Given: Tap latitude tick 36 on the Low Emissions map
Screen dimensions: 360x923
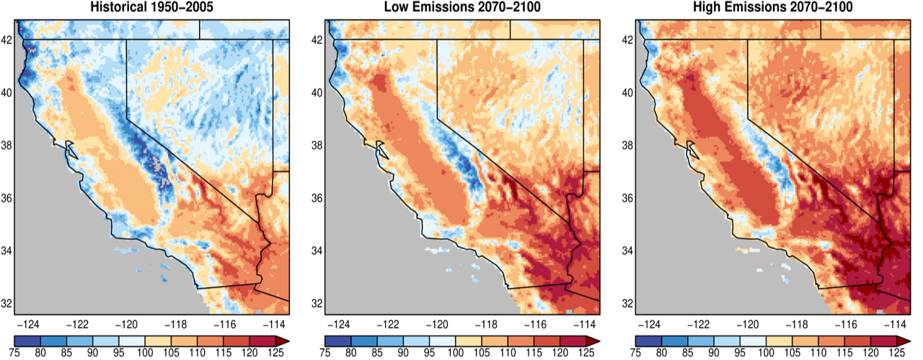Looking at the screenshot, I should point(317,198).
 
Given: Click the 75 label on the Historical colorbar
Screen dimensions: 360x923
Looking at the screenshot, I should point(15,351).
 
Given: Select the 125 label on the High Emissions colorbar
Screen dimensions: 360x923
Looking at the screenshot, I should point(896,351).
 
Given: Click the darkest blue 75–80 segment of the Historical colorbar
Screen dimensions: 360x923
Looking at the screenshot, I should point(27,338).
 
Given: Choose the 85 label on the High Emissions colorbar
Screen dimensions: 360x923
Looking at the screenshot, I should point(688,351).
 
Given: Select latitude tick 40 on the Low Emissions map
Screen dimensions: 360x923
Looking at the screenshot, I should point(317,92).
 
